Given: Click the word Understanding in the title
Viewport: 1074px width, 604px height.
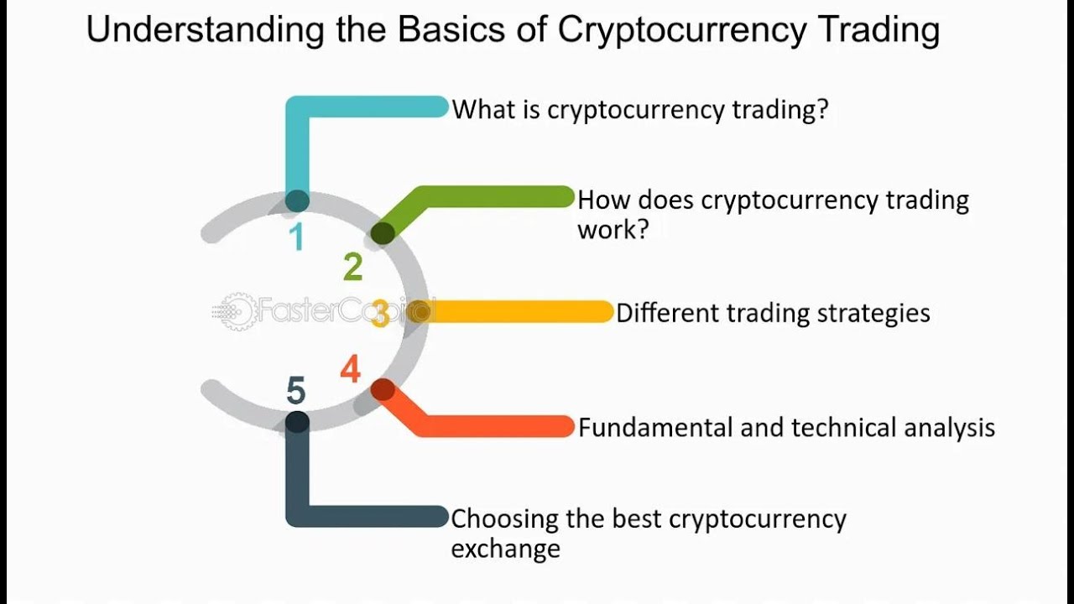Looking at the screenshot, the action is click(205, 29).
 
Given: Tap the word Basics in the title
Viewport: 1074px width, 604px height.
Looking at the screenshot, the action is click(451, 29).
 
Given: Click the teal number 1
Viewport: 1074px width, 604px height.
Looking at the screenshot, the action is click(297, 237).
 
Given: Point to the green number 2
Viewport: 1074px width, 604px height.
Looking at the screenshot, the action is click(353, 267).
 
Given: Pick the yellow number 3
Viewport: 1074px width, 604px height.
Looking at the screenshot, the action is click(381, 314).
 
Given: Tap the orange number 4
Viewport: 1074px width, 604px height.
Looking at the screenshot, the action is click(351, 368).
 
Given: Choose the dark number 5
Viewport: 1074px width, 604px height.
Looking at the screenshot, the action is click(296, 390).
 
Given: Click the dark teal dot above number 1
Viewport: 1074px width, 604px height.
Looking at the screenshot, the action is click(297, 200).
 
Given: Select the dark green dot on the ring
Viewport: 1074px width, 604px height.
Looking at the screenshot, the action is click(383, 234).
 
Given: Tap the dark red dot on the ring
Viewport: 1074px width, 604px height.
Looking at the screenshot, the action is click(383, 390).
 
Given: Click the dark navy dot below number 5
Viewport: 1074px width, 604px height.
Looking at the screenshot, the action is click(297, 423).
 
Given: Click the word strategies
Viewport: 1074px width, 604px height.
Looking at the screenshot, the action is click(873, 314).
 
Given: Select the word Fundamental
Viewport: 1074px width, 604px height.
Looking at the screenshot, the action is click(656, 427).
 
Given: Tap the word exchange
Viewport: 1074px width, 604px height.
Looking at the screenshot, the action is click(505, 548).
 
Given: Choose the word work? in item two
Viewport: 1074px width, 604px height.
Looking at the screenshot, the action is click(613, 229).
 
